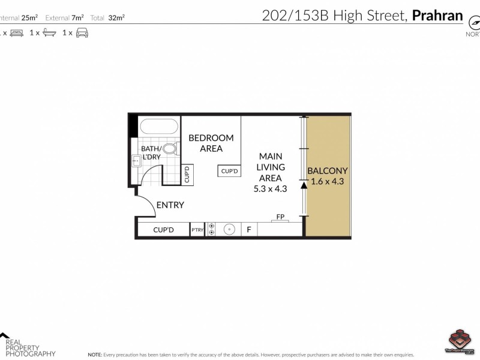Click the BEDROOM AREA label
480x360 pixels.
(211, 143)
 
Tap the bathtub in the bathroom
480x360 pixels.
(158, 128)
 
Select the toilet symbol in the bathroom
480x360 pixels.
(169, 149)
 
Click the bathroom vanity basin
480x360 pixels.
(136, 160)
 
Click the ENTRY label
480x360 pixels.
(170, 205)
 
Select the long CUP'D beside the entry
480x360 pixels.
(163, 230)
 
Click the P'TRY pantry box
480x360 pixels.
(197, 230)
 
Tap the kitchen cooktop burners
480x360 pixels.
(211, 230)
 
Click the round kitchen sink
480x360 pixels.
(229, 230)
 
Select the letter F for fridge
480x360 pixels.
(248, 230)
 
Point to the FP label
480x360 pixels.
(280, 217)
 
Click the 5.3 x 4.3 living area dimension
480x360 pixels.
(271, 188)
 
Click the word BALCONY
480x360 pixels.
(327, 170)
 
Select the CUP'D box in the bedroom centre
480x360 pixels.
(230, 171)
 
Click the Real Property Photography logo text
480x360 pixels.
(30, 347)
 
